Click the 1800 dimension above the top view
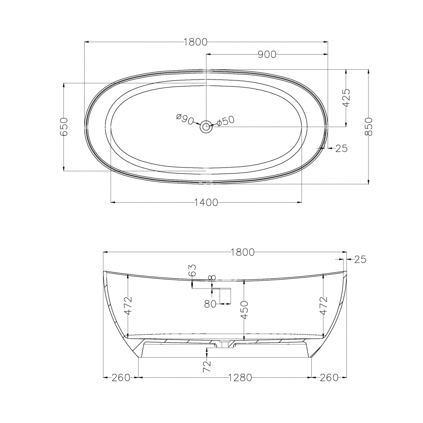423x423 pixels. click(x=195, y=42)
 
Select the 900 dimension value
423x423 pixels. click(x=267, y=55)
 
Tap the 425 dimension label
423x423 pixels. click(x=346, y=98)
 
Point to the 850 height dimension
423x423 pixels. click(x=368, y=126)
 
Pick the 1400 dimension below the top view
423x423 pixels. click(x=206, y=202)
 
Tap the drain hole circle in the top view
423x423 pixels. click(x=206, y=126)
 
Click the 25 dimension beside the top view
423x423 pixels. click(x=341, y=148)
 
